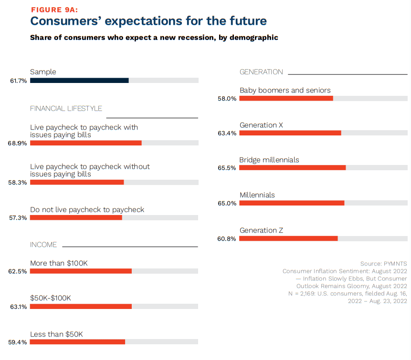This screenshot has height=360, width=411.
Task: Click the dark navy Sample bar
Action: pos(79,81)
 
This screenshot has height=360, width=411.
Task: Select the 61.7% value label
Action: pos(18,81)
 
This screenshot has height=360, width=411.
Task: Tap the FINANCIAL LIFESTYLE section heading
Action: pos(66,108)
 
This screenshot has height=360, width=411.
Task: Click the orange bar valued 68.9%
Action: pos(86,143)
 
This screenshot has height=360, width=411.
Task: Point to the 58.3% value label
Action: pos(18,183)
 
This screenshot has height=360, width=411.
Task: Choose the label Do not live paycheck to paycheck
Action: pos(87,209)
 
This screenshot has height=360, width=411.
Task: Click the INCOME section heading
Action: pos(43,245)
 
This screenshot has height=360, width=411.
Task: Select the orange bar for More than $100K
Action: pos(81,271)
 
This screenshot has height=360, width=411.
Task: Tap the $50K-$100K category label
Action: pos(50,298)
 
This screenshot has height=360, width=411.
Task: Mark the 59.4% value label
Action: pos(18,342)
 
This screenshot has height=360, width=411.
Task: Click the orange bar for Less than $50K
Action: pos(77,342)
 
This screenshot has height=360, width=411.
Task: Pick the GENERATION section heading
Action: pos(261,72)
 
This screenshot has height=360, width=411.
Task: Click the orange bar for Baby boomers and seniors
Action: pos(286,98)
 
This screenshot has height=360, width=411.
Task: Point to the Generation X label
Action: pos(261,125)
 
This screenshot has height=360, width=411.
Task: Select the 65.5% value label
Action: pos(227,168)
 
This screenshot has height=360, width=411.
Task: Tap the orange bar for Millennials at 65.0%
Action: pos(292,203)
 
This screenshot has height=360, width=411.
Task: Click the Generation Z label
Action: pos(261,230)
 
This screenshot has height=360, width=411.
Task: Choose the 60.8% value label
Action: pos(227,239)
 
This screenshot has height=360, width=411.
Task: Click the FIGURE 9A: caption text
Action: pos(55,10)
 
